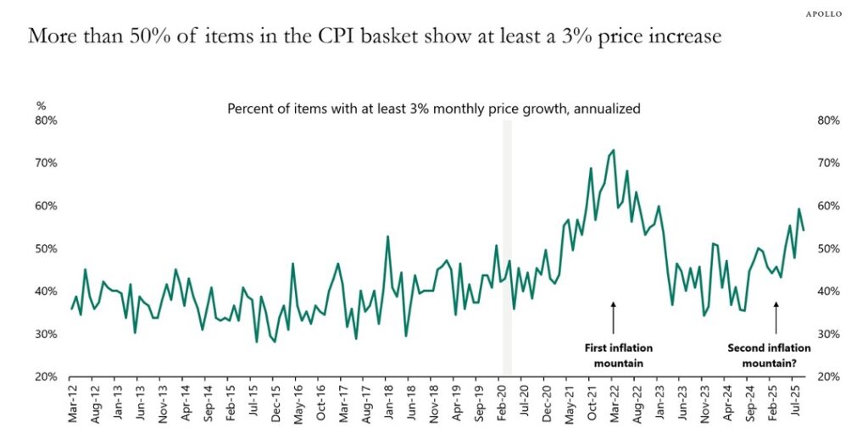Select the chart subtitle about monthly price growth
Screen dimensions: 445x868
(433, 108)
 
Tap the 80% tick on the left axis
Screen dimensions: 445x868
(46, 120)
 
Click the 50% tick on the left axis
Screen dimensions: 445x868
(46, 249)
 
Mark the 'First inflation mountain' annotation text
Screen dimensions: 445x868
(619, 355)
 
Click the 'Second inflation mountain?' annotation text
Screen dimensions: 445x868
(769, 355)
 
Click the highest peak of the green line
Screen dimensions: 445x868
(613, 151)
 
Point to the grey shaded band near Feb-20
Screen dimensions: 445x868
(507, 246)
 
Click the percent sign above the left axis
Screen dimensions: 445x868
(40, 106)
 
